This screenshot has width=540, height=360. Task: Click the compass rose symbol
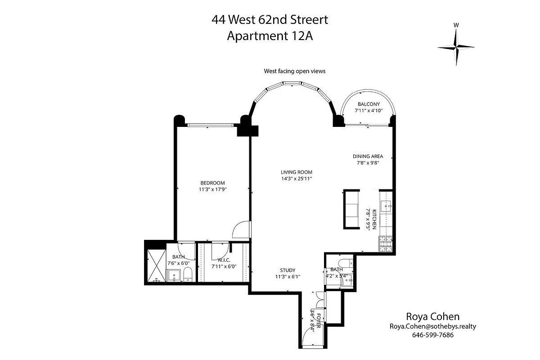pos(456,47)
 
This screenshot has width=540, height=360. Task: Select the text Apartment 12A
pos(270,36)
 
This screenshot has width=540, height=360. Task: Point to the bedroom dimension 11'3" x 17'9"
pos(212,189)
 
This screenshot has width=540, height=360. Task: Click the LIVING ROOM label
pos(296,172)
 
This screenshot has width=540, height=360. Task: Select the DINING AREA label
pos(368,157)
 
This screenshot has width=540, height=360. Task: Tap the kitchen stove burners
pos(386,243)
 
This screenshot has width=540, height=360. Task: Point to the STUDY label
pos(288,270)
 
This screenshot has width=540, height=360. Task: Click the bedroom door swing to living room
pos(241,229)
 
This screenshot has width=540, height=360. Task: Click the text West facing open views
pos(294,71)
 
